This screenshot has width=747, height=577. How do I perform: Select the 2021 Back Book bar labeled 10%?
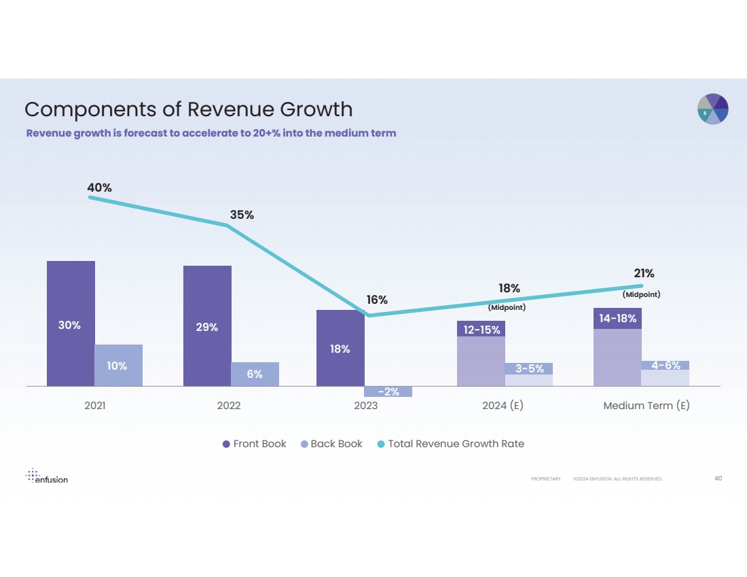[118, 365]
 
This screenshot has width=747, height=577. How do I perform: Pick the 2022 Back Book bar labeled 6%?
[255, 374]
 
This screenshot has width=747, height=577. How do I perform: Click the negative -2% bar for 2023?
[388, 391]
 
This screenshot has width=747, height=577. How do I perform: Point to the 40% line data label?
[99, 187]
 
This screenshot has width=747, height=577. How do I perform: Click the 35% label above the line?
[241, 215]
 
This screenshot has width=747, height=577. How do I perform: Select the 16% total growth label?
[377, 300]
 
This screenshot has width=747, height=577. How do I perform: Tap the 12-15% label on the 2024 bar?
[481, 330]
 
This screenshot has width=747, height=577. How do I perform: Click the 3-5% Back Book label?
[529, 369]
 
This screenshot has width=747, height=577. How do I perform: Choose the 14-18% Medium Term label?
[617, 318]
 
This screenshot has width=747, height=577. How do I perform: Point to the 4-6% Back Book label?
[666, 366]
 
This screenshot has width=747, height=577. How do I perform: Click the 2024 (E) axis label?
[503, 406]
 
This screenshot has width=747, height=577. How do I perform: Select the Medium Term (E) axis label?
[646, 406]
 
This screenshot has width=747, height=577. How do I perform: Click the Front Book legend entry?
[255, 444]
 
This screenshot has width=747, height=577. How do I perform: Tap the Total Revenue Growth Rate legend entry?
[450, 444]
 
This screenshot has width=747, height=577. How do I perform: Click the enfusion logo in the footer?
[47, 476]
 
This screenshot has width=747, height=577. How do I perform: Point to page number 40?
[718, 478]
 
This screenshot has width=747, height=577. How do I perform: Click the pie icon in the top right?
[713, 109]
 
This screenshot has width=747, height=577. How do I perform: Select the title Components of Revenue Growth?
[189, 109]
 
